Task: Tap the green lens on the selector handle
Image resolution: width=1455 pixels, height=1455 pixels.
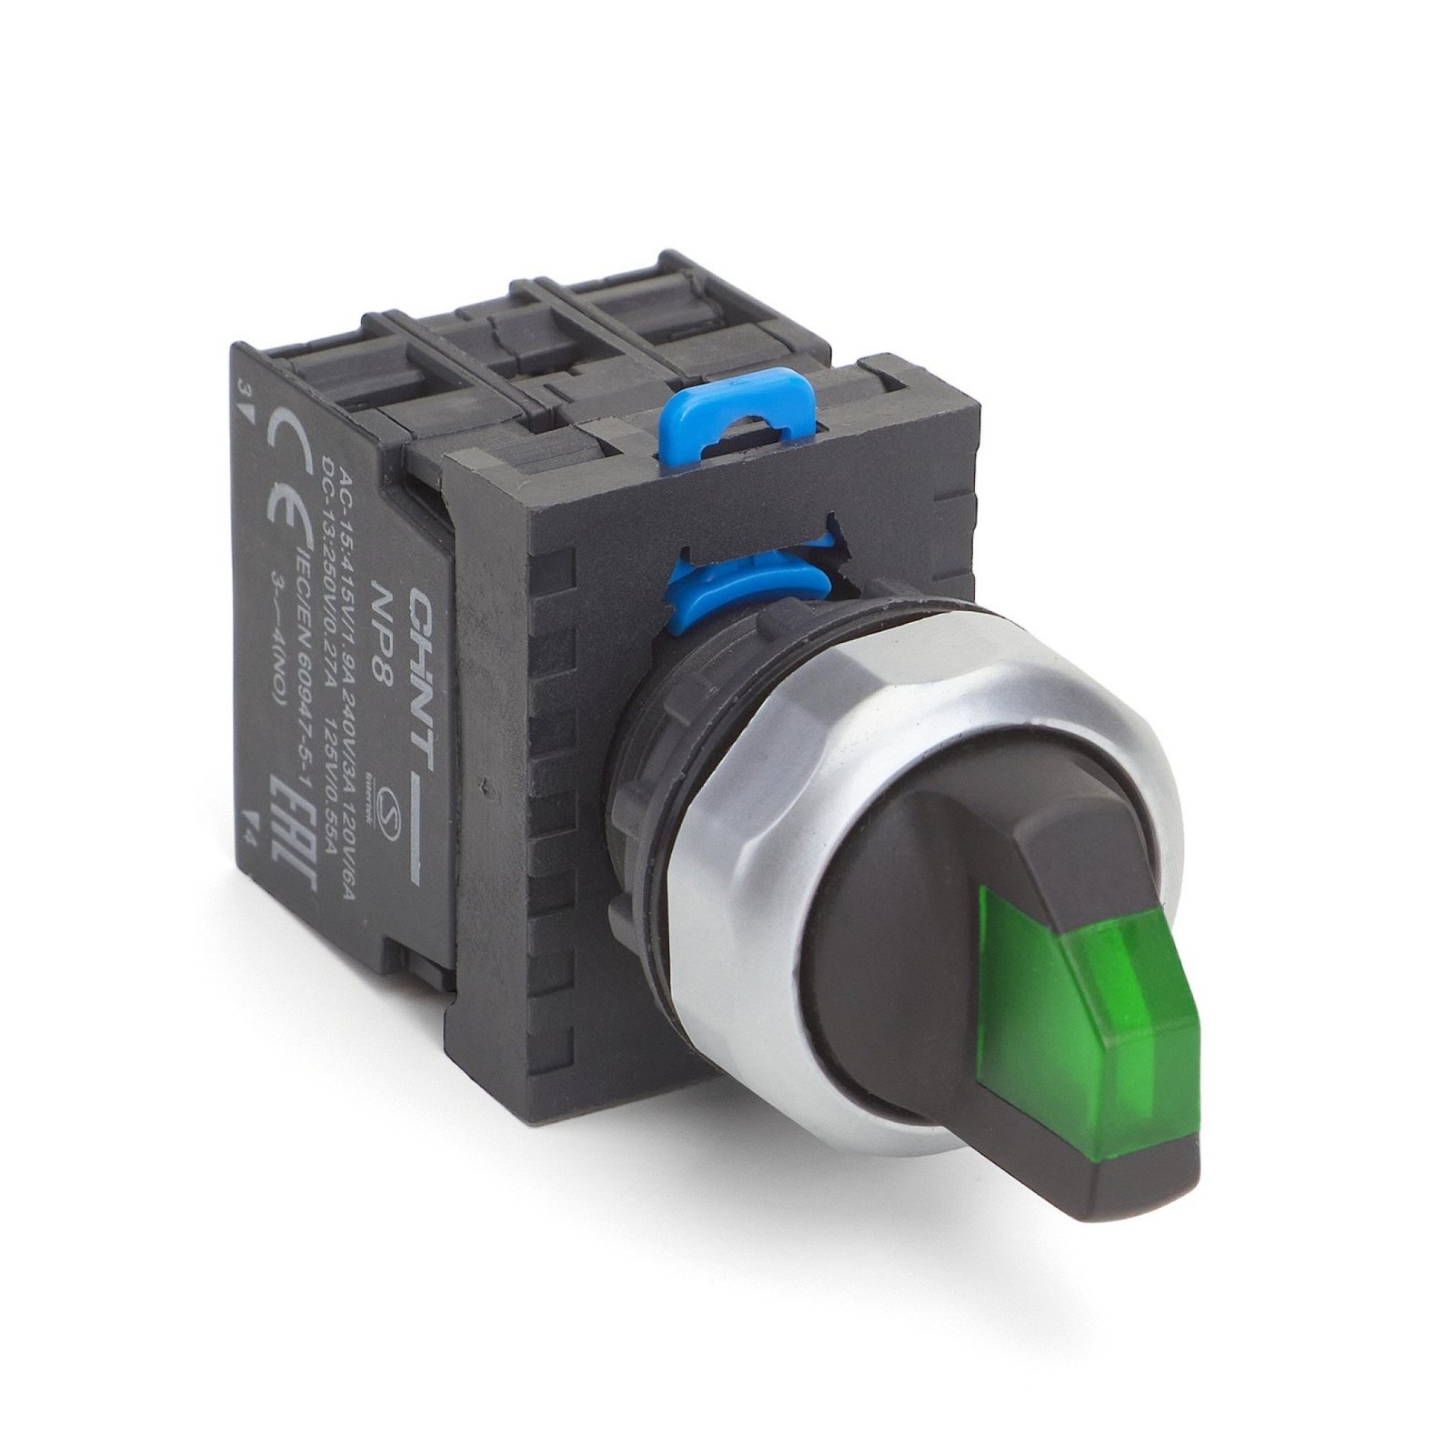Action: [1091, 981]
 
